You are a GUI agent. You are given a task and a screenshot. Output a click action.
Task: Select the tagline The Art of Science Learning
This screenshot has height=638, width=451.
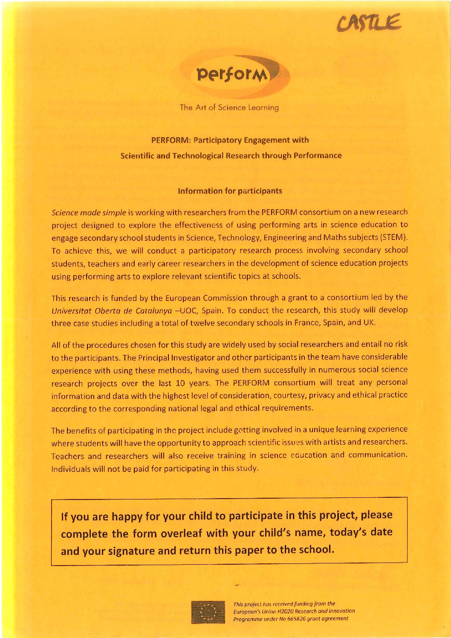coord(229,108)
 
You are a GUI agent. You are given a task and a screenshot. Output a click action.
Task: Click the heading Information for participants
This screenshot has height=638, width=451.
coord(230,191)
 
